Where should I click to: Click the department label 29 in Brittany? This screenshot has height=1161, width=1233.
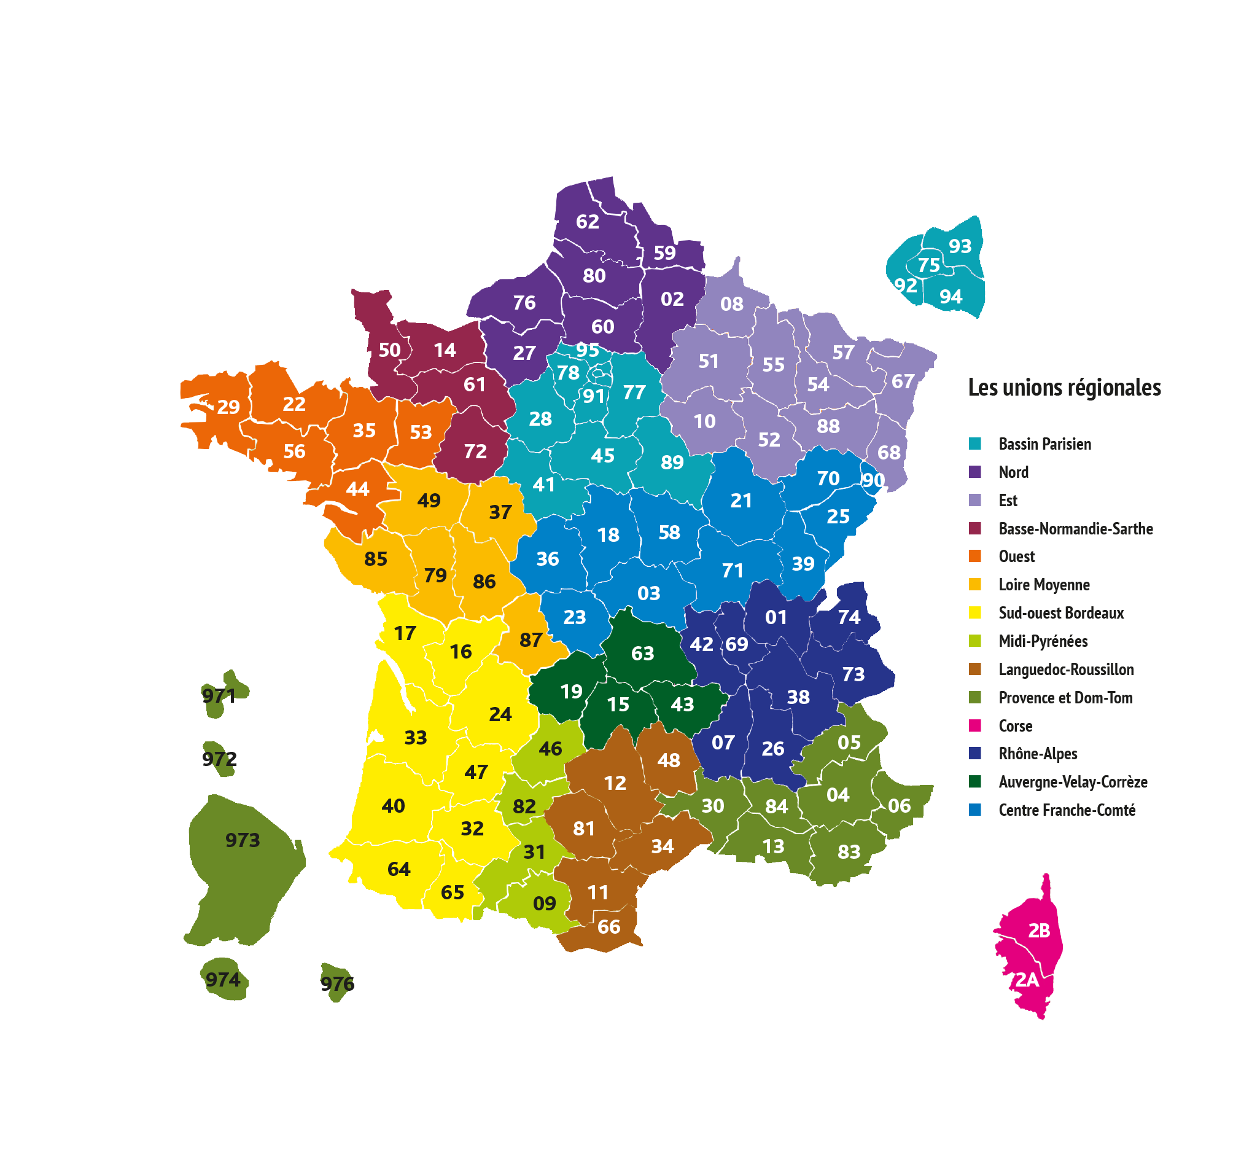pyautogui.click(x=228, y=407)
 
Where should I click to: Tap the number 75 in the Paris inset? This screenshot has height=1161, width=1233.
pyautogui.click(x=928, y=265)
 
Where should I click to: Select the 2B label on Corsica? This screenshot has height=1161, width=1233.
pyautogui.click(x=1039, y=931)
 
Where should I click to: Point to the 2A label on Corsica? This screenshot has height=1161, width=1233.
pyautogui.click(x=1027, y=980)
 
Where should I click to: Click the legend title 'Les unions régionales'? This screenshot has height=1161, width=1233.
pyautogui.click(x=1064, y=388)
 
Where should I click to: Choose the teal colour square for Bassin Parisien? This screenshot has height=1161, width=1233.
pyautogui.click(x=975, y=444)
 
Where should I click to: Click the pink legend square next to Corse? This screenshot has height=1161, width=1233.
pyautogui.click(x=975, y=725)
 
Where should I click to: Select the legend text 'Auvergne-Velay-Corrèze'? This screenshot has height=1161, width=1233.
pyautogui.click(x=1073, y=782)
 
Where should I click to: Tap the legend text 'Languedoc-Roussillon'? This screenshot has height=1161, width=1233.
pyautogui.click(x=1066, y=670)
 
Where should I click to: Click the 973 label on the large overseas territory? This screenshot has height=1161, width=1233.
pyautogui.click(x=243, y=840)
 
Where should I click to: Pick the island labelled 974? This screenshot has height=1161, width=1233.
pyautogui.click(x=224, y=980)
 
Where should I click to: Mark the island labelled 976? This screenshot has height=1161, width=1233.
pyautogui.click(x=336, y=983)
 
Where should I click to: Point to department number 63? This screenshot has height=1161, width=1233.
pyautogui.click(x=642, y=654)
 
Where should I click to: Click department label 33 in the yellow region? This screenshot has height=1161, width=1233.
pyautogui.click(x=416, y=738)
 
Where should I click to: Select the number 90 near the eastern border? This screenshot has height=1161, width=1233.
pyautogui.click(x=873, y=480)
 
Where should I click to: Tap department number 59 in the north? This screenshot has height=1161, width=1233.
pyautogui.click(x=664, y=253)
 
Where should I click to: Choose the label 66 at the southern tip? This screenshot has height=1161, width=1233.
pyautogui.click(x=609, y=927)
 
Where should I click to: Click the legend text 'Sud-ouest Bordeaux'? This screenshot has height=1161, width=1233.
pyautogui.click(x=1061, y=613)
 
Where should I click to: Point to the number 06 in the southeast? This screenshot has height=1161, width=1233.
pyautogui.click(x=900, y=806)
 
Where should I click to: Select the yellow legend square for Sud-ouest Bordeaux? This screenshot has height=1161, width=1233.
pyautogui.click(x=975, y=613)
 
